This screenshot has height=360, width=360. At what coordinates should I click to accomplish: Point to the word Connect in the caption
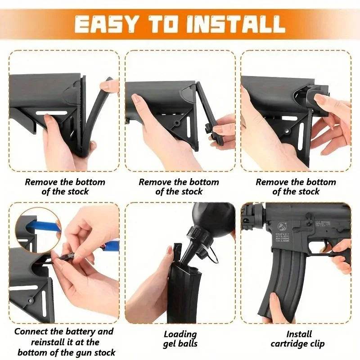[33, 332]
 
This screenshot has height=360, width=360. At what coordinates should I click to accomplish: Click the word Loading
[180, 334]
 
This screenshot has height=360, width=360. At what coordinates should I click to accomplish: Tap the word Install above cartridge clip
[299, 334]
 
